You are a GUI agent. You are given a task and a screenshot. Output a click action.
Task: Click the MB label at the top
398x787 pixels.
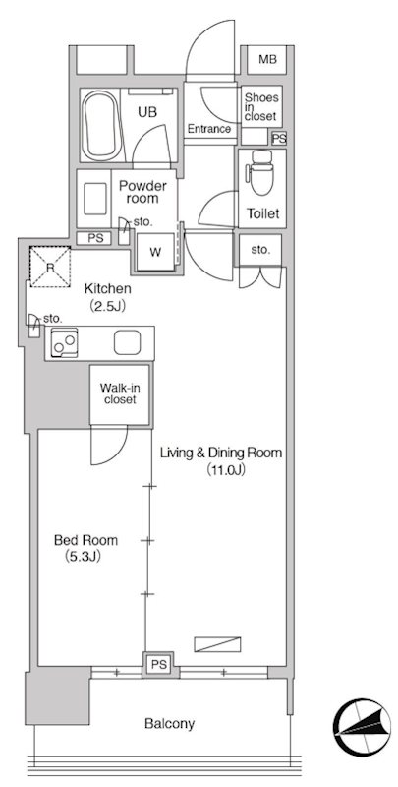267,60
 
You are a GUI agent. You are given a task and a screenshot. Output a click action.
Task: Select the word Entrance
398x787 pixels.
208,129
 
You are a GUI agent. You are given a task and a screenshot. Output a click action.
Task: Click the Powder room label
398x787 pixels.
142,192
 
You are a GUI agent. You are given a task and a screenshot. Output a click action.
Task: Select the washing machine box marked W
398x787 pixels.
155,251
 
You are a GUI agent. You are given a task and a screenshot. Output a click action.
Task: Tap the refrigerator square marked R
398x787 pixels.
48,266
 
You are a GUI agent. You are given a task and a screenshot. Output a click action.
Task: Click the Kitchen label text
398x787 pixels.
106,289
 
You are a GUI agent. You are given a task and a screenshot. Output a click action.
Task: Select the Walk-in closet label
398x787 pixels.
118,393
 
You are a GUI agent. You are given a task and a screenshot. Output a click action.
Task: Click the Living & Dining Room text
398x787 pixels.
221,454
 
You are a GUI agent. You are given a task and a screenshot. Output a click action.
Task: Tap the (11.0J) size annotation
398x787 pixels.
225,470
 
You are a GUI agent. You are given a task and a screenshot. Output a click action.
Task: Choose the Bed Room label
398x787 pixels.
85,540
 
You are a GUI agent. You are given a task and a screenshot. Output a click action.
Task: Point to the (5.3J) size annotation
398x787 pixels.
85,557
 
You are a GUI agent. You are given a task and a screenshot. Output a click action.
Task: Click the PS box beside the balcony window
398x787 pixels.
157,666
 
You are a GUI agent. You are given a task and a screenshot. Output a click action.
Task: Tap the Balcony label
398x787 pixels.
169,724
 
